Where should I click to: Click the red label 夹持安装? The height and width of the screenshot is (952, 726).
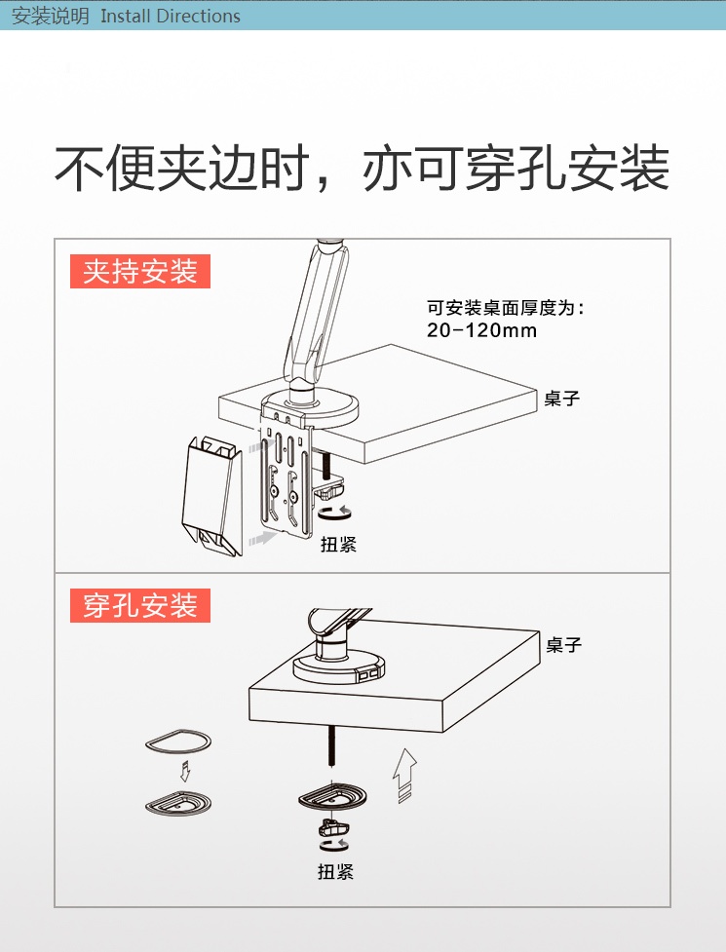coord(140,272)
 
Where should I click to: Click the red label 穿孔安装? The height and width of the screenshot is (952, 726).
coord(140,605)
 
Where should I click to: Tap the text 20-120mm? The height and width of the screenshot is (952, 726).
coord(481,330)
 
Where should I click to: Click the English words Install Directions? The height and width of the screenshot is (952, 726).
coord(171,16)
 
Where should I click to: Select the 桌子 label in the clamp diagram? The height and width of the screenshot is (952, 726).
coord(562,399)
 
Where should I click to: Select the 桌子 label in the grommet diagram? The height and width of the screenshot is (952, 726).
coord(564,644)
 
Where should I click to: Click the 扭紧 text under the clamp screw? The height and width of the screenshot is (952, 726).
coord(339,544)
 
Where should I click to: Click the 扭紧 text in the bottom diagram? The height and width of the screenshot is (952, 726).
coord(335,872)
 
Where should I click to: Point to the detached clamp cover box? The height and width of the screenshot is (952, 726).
coord(212,495)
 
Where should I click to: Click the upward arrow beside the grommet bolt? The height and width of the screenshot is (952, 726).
coord(404,776)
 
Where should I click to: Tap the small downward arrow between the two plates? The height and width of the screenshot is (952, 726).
coord(185,770)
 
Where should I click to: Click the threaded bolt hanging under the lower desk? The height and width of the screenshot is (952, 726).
coord(332,745)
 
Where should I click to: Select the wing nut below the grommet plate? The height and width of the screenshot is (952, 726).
coord(333,827)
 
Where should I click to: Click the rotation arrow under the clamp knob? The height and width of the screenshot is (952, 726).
coord(335,513)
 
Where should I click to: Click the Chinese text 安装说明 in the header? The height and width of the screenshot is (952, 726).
coord(51,16)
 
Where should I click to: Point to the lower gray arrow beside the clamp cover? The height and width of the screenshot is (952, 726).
coord(262,538)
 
